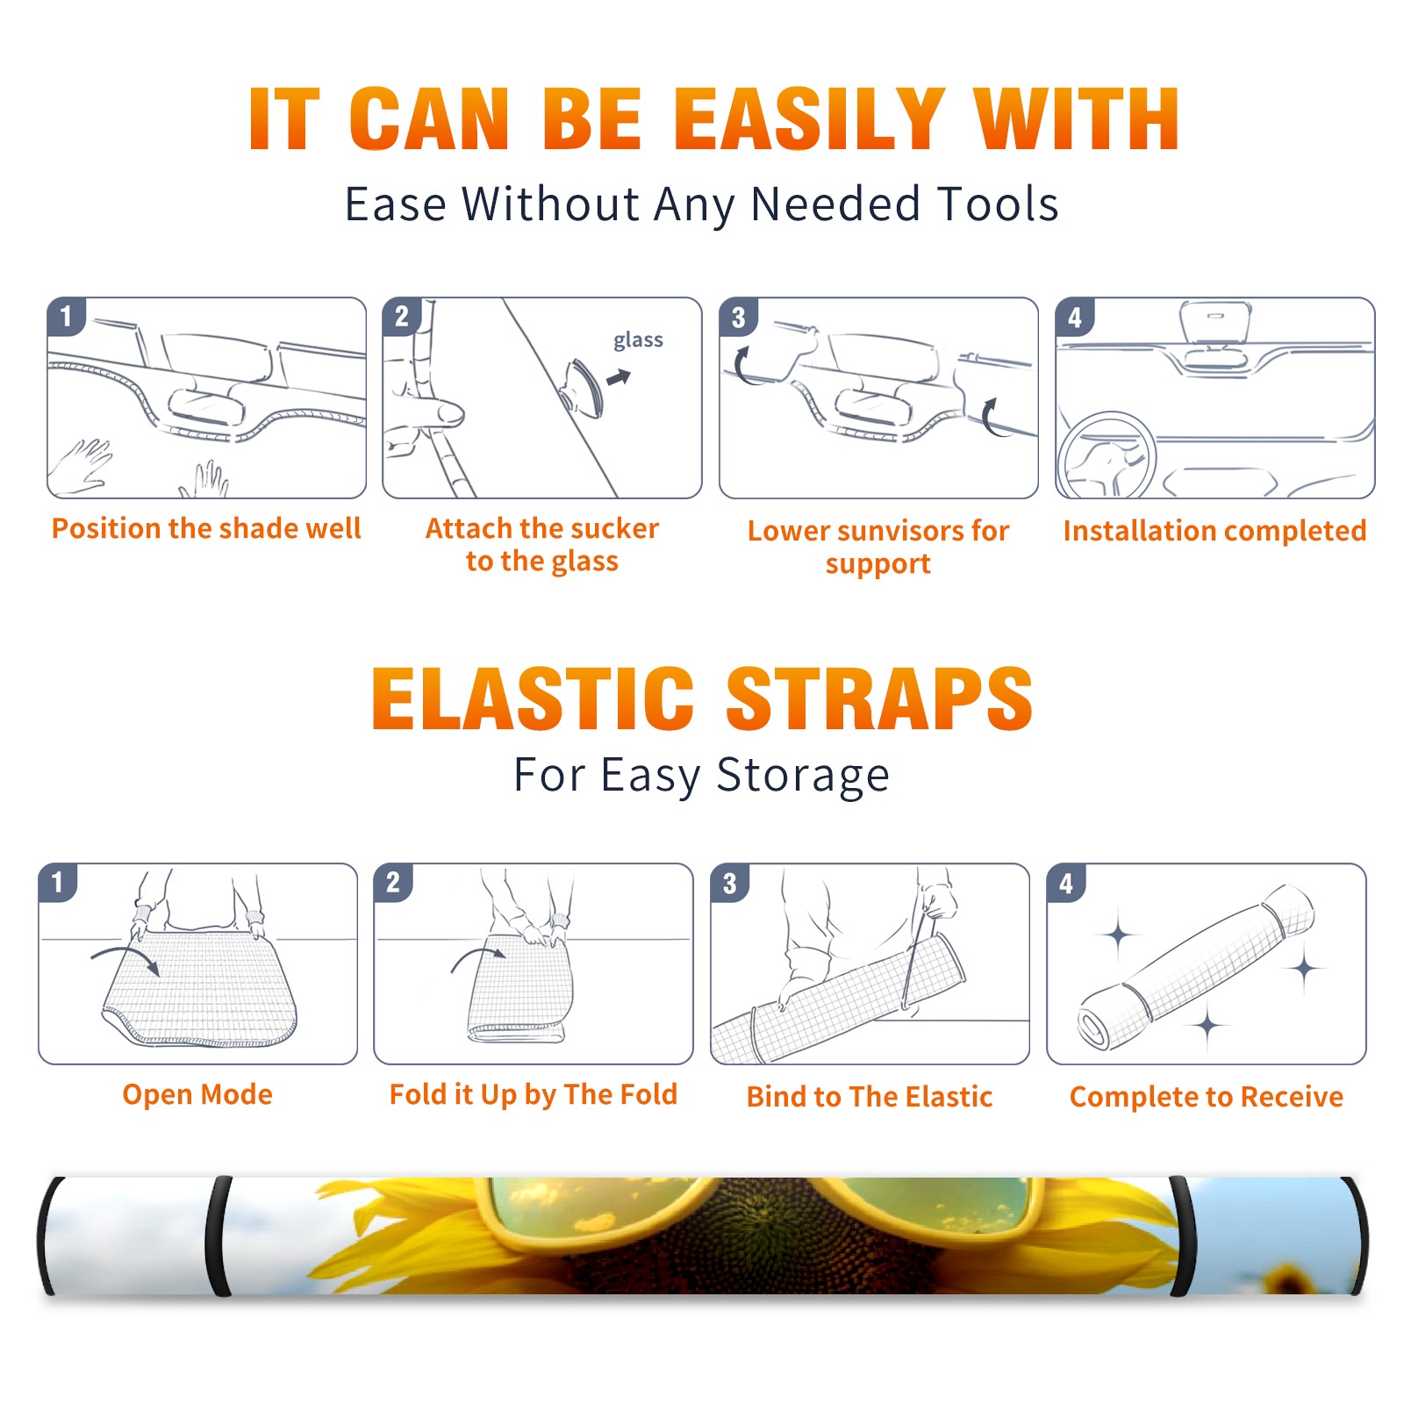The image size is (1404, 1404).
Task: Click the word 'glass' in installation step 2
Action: (x=638, y=340)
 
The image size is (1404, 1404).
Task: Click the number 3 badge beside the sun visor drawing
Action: (x=738, y=318)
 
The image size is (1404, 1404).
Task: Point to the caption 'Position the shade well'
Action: (x=206, y=528)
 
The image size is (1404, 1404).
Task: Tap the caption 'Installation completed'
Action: (x=1214, y=531)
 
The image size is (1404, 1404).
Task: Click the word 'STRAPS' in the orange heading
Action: (x=880, y=698)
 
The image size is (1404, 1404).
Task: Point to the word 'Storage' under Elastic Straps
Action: (x=803, y=776)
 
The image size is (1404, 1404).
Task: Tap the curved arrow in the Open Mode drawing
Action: (x=126, y=956)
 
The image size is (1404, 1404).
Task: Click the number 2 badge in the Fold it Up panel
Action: (x=393, y=883)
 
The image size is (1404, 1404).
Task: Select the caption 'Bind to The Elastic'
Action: (x=870, y=1097)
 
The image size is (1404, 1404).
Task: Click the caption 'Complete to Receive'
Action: (x=1207, y=1097)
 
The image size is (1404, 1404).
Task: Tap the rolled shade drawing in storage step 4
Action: (x=1196, y=968)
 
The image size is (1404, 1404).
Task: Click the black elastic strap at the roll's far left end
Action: (x=49, y=1236)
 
